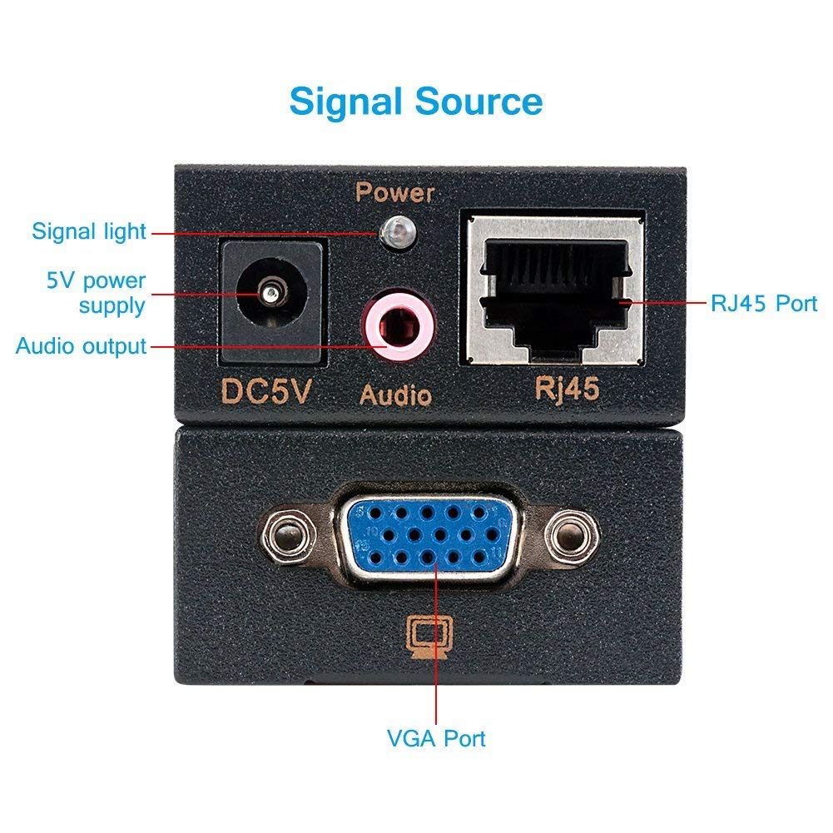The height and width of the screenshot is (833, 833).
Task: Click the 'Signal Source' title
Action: pos(416,102)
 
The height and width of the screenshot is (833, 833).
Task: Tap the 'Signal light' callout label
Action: pos(89,231)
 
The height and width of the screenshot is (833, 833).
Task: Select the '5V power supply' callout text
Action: pos(97,293)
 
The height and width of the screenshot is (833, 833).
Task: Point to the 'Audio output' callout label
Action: pos(82,346)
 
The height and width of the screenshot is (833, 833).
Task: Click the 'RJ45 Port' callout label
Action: pos(764,304)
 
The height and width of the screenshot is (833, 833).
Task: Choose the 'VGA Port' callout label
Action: pos(436,738)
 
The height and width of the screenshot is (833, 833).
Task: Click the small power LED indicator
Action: pos(398,233)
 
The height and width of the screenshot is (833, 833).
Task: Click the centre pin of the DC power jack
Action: pos(270,293)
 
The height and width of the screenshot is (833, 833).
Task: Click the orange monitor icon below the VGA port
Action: pos(429,637)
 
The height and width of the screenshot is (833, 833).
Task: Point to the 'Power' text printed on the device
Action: pos(394,192)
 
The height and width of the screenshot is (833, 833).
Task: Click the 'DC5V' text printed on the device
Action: pos(265,391)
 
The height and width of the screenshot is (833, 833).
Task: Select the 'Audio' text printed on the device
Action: pos(396,395)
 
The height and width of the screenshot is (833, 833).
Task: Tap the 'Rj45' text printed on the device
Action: pos(567,389)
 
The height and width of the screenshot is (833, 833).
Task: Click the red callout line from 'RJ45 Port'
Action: pos(663,303)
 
